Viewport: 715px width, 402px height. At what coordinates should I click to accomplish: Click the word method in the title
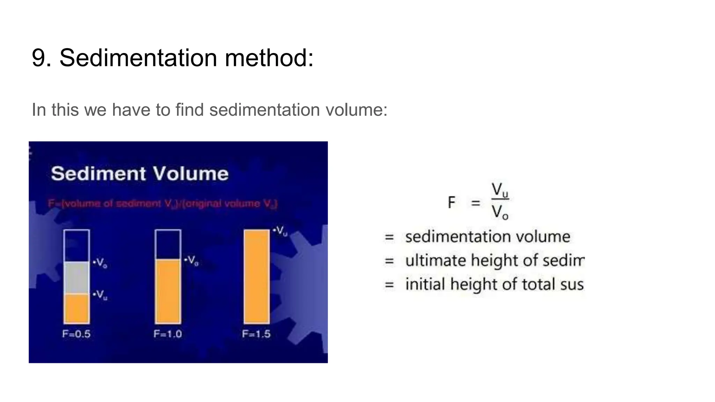point(269,58)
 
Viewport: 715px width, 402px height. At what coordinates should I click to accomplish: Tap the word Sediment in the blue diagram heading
point(98,174)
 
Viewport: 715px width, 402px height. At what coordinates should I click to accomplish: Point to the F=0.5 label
point(76,334)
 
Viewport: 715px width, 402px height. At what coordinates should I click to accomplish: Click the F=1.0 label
point(168,334)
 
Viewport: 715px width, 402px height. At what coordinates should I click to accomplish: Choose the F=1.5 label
point(256,334)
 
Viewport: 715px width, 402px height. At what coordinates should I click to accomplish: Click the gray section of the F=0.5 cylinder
point(76,278)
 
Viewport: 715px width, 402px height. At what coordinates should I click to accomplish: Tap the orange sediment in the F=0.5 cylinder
point(76,308)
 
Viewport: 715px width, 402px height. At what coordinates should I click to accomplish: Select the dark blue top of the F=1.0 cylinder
point(168,245)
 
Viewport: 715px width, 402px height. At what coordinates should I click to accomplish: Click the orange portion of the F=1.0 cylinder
point(168,291)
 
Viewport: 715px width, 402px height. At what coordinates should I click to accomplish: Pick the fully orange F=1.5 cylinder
point(257,277)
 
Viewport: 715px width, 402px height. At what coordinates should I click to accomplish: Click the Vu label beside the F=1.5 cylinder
point(281,231)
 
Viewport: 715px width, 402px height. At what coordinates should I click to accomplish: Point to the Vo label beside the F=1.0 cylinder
point(192,260)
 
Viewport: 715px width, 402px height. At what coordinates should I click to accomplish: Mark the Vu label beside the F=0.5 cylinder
point(101,295)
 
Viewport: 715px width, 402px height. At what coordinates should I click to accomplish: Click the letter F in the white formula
point(451,202)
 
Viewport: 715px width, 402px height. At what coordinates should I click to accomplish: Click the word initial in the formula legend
point(425,284)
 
